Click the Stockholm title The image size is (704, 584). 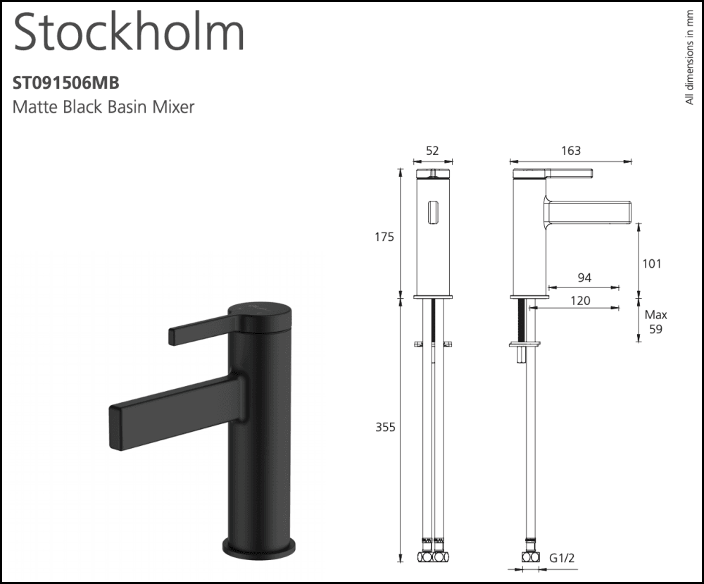tap(129, 32)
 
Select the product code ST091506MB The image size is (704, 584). tap(66, 83)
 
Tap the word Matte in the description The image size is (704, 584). tap(33, 107)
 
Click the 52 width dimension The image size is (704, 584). tap(432, 150)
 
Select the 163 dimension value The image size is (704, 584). tap(571, 150)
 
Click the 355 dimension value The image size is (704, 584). tap(384, 427)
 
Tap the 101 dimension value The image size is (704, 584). tap(653, 263)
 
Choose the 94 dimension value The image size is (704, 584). tap(584, 278)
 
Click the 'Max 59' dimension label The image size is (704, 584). tap(655, 322)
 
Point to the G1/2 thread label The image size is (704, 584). tap(562, 558)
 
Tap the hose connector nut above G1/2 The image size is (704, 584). tap(532, 557)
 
